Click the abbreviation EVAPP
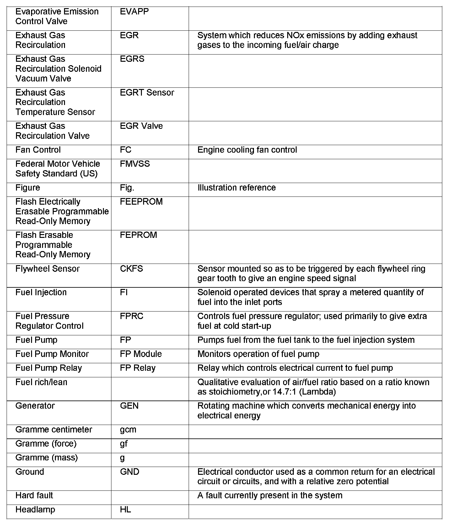134,12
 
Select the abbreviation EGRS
132,59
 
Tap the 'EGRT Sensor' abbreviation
147,92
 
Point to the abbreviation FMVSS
135,164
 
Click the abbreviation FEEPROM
141,202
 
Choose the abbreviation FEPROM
138,235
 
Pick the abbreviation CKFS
132,269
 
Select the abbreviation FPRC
132,316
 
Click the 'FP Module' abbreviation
141,354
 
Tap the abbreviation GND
130,472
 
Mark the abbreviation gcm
128,430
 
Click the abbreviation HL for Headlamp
126,510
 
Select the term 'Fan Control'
38,150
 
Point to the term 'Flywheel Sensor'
47,269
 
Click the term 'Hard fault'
34,495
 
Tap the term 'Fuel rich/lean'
41,382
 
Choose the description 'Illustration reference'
237,188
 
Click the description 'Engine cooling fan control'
247,150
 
